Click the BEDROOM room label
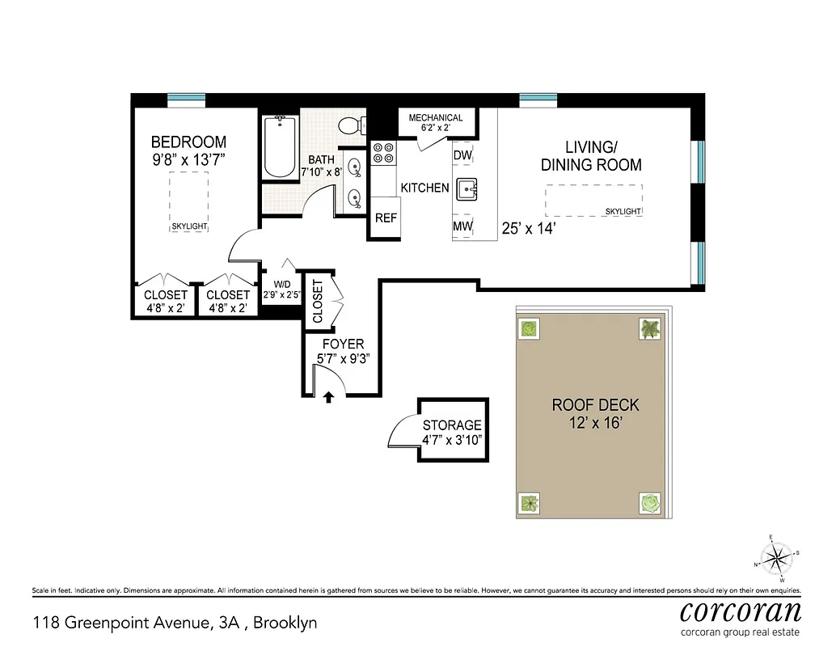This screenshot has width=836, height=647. (188, 142)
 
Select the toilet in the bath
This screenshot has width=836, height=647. (350, 126)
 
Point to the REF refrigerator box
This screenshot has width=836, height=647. (386, 218)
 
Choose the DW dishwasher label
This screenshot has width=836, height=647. (462, 155)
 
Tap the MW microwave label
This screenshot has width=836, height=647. (462, 226)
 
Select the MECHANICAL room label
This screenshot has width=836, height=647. (436, 118)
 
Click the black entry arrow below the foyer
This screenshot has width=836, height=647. (328, 397)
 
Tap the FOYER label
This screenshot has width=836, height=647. (344, 345)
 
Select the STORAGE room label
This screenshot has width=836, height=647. (452, 425)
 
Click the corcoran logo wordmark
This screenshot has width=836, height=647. (740, 611)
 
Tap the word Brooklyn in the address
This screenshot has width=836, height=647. (289, 623)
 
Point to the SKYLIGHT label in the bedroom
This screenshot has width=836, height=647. (188, 226)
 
